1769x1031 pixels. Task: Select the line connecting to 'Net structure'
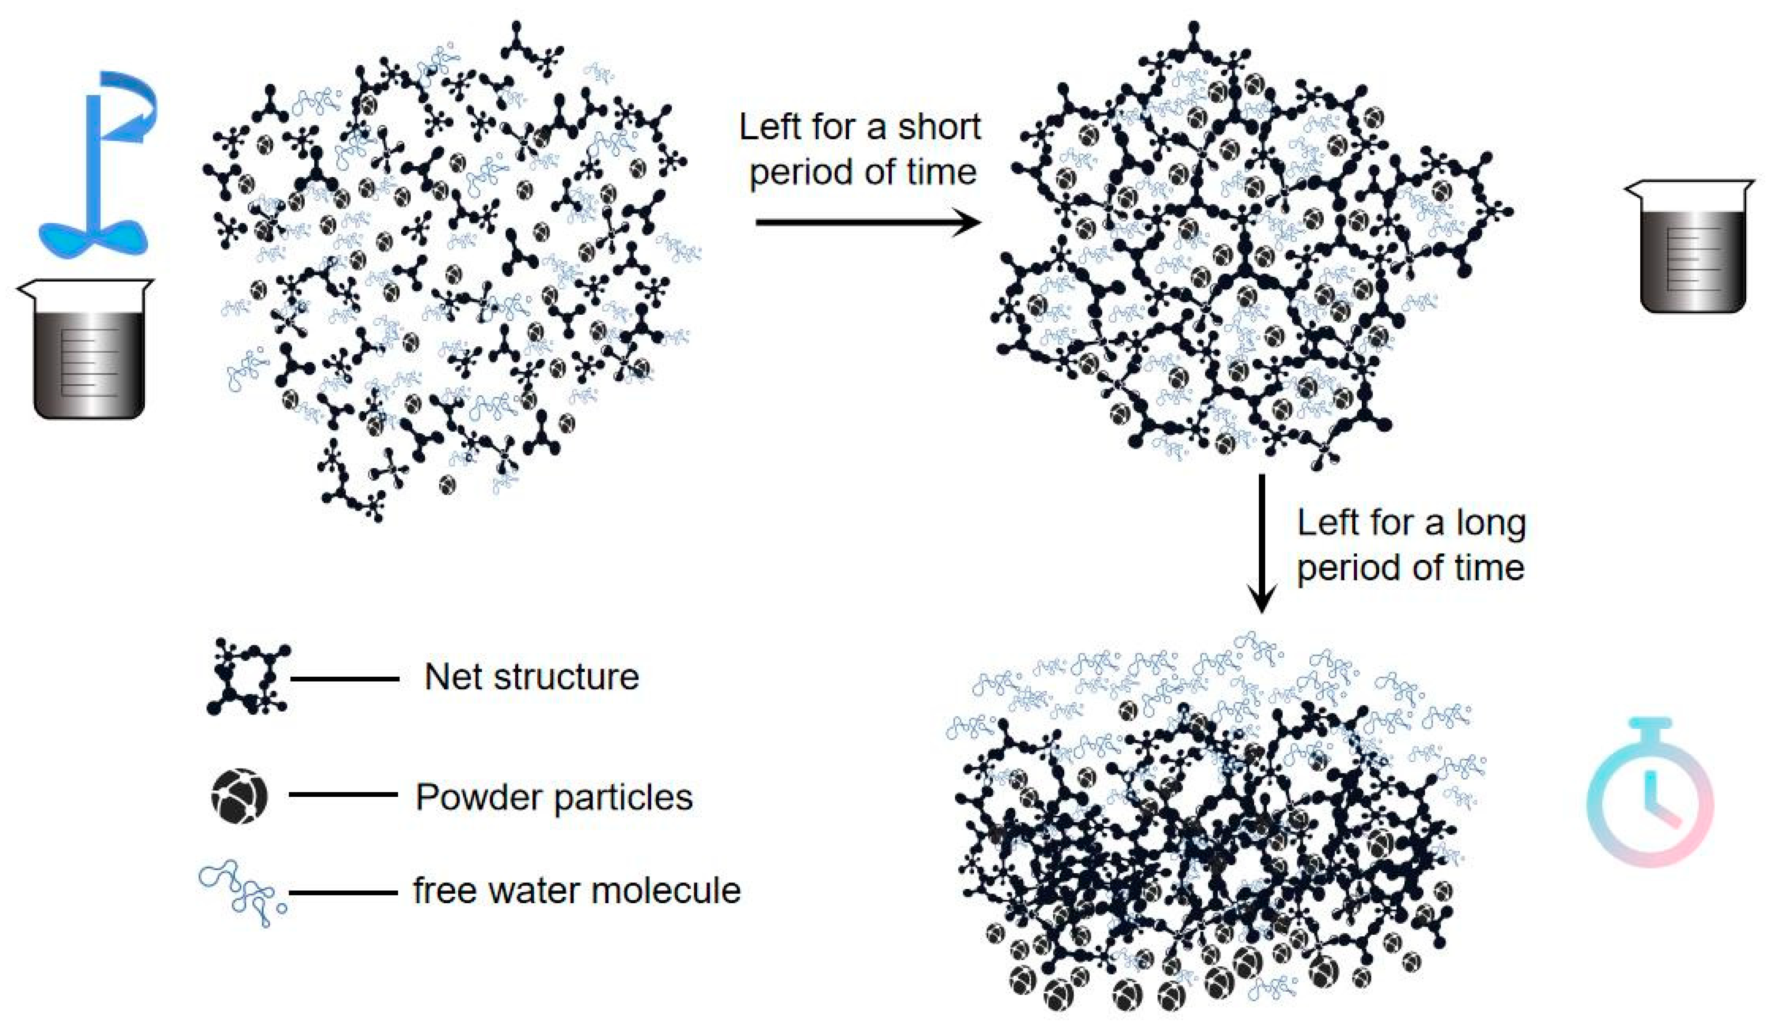345,679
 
